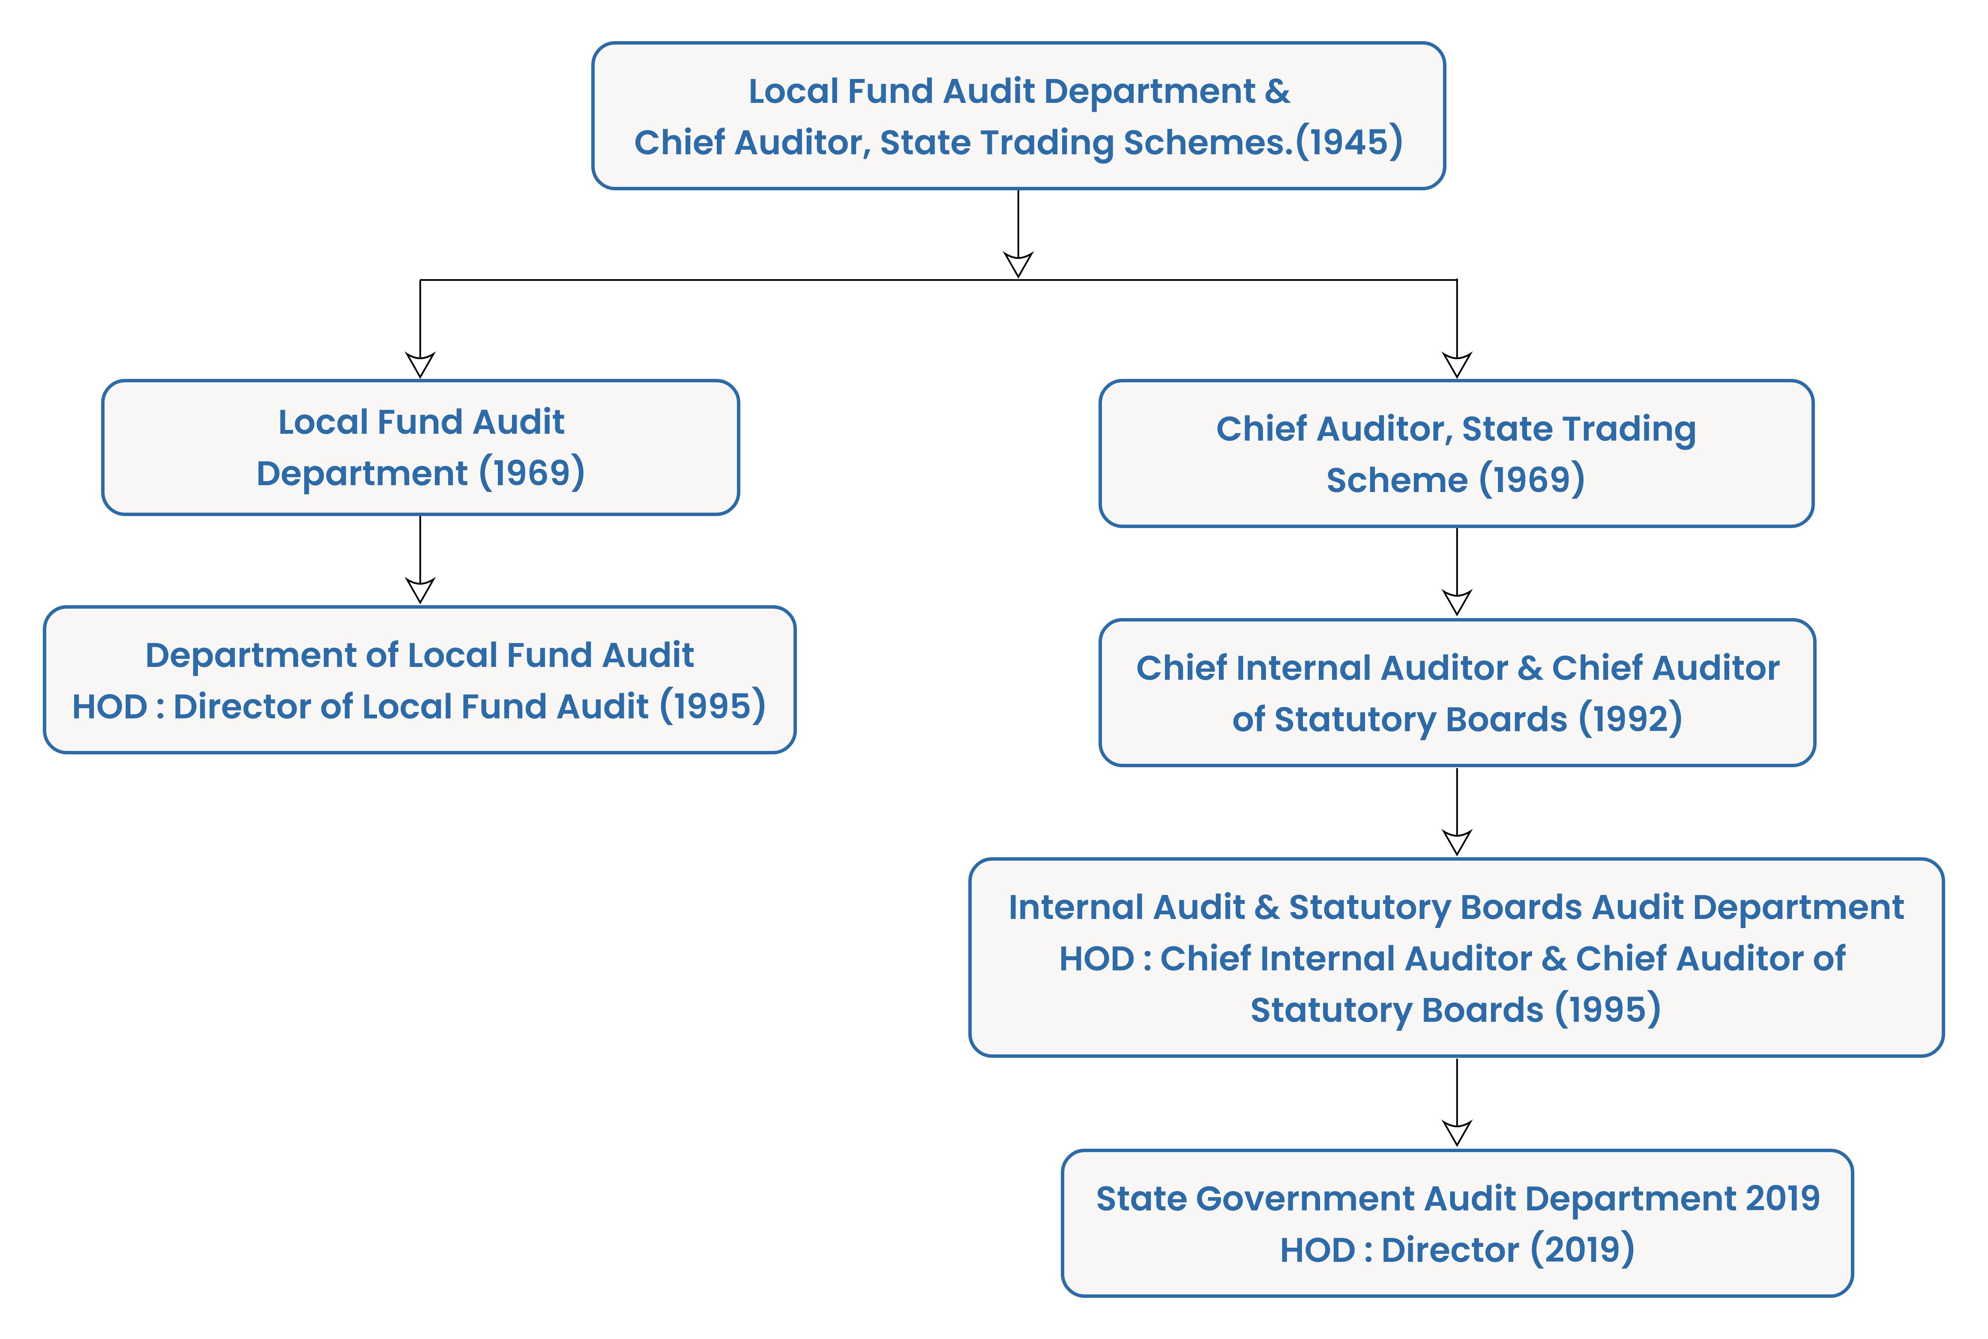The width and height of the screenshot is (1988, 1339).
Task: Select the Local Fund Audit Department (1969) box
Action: click(x=420, y=447)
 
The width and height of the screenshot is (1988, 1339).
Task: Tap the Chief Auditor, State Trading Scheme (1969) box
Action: click(x=1456, y=453)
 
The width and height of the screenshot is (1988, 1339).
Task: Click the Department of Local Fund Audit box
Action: click(x=420, y=680)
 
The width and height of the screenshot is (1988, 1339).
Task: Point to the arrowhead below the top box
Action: click(x=1018, y=264)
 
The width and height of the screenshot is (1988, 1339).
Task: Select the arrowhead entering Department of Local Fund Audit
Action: click(x=420, y=590)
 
